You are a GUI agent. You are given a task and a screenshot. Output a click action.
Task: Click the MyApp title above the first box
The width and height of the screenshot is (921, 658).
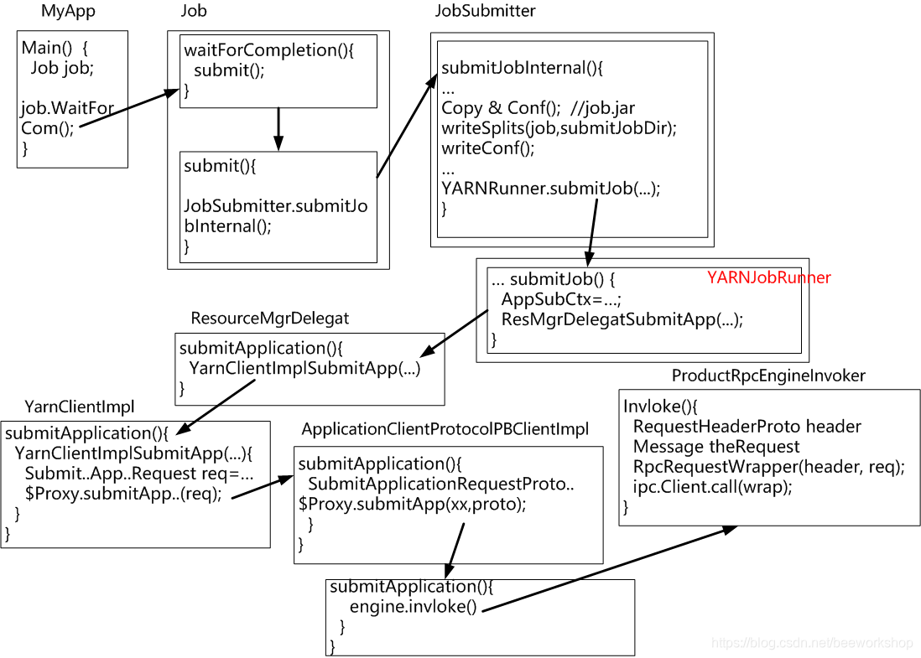click(x=68, y=12)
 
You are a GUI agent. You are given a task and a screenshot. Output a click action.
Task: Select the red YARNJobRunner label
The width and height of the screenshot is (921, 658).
click(x=768, y=277)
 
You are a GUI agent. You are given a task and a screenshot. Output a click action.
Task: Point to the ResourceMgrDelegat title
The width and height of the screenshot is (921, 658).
click(x=270, y=319)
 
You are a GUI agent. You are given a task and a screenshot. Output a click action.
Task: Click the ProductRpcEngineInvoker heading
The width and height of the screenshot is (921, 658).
click(x=768, y=376)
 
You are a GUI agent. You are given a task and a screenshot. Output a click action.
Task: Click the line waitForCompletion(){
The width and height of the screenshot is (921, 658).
click(x=269, y=50)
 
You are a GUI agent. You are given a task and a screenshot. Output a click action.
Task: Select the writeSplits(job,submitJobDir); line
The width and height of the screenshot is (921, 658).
click(x=559, y=128)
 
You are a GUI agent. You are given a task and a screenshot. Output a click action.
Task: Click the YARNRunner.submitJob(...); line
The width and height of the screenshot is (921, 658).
click(x=551, y=189)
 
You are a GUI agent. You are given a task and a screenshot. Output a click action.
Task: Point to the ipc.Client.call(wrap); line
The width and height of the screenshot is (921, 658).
click(x=712, y=487)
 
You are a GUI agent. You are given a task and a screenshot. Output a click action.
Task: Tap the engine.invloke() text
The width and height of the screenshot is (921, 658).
click(x=413, y=606)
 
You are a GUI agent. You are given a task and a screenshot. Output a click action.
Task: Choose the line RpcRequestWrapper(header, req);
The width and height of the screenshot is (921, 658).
click(x=768, y=467)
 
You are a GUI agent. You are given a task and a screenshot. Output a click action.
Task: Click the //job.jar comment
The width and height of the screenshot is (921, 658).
click(x=603, y=108)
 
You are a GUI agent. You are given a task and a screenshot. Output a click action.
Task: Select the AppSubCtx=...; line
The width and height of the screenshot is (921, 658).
click(x=561, y=299)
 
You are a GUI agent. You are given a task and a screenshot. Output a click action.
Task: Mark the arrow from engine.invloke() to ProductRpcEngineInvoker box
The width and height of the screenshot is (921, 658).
click(x=611, y=568)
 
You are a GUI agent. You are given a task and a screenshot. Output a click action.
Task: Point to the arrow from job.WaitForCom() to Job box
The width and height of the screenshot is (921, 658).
click(x=130, y=109)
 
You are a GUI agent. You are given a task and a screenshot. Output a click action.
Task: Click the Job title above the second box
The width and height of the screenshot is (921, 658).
click(x=194, y=12)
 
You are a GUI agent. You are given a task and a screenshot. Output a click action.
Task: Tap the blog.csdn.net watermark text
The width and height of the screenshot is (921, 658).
click(x=812, y=643)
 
